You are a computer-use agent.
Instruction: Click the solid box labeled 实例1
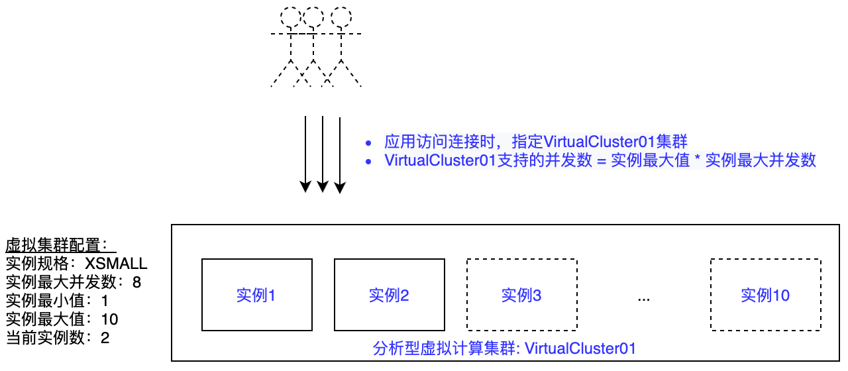pyautogui.click(x=256, y=295)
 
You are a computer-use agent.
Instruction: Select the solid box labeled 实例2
pyautogui.click(x=389, y=295)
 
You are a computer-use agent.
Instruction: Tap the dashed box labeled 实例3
pyautogui.click(x=521, y=295)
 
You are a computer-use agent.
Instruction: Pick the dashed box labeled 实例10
pyautogui.click(x=765, y=295)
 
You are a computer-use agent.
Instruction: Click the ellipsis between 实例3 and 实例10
pyautogui.click(x=644, y=297)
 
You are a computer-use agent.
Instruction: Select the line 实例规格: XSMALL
pyautogui.click(x=76, y=264)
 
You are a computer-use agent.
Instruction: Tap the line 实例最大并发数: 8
pyautogui.click(x=74, y=282)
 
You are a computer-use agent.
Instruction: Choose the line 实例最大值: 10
pyautogui.click(x=62, y=319)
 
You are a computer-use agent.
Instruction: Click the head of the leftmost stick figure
pyautogui.click(x=290, y=17)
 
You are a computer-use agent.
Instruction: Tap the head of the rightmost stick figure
pyautogui.click(x=341, y=17)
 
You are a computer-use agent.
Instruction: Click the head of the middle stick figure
pyautogui.click(x=315, y=17)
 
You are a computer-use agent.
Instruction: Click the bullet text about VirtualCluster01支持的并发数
pyautogui.click(x=600, y=160)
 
